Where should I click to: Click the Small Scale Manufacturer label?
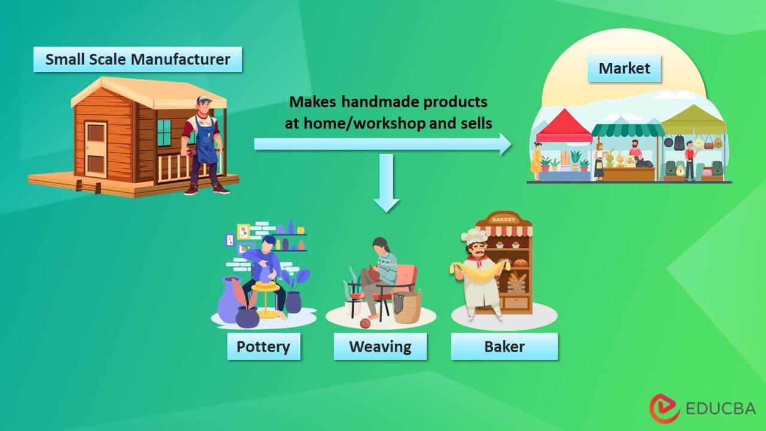pyautogui.click(x=138, y=59)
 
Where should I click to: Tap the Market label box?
pyautogui.click(x=624, y=68)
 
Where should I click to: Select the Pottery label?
pyautogui.click(x=264, y=346)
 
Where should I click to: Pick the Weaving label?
pyautogui.click(x=380, y=346)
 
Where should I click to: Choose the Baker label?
pyautogui.click(x=504, y=346)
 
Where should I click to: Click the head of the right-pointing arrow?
pyautogui.click(x=506, y=144)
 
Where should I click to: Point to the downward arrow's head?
pyautogui.click(x=387, y=205)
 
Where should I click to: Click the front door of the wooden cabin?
pyautogui.click(x=96, y=149)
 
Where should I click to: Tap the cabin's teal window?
pyautogui.click(x=164, y=132)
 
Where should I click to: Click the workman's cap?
pyautogui.click(x=205, y=99)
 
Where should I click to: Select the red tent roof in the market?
pyautogui.click(x=564, y=126)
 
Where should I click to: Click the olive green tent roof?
pyautogui.click(x=694, y=120)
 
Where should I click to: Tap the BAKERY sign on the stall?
pyautogui.click(x=503, y=219)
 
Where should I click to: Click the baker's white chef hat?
pyautogui.click(x=475, y=236)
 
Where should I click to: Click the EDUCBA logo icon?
pyautogui.click(x=664, y=408)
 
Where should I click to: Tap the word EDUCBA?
pyautogui.click(x=721, y=408)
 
